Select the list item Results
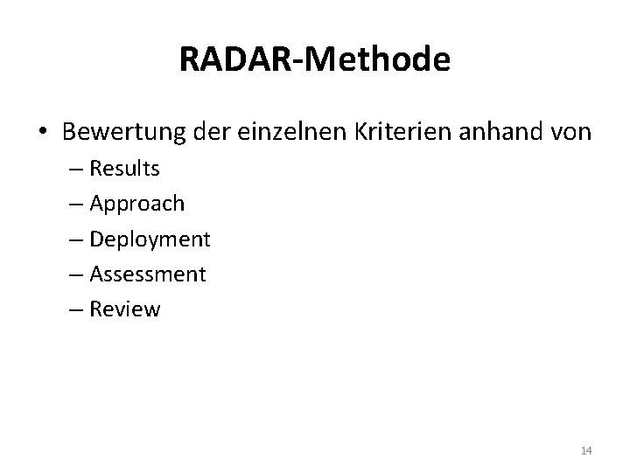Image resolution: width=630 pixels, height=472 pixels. [124, 168]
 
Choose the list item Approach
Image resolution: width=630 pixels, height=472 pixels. [136, 204]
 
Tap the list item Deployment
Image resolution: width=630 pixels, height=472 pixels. [150, 239]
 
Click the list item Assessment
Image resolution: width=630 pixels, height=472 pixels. [148, 274]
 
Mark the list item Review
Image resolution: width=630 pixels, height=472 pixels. [125, 309]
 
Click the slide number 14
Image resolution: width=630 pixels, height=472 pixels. [586, 450]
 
